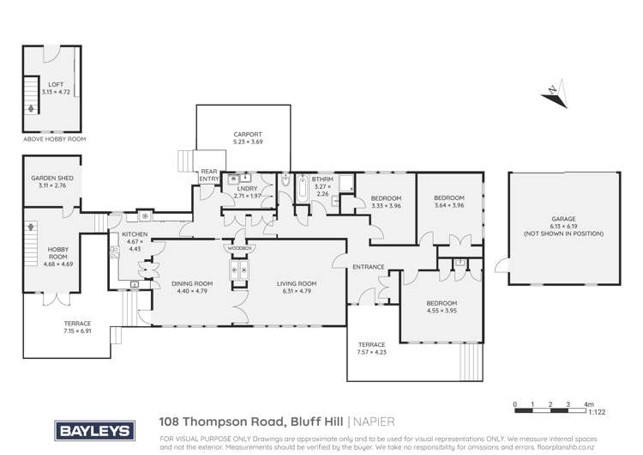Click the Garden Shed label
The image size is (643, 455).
tap(51, 181)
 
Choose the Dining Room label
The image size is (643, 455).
tap(191, 283)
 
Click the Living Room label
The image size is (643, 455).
tap(297, 283)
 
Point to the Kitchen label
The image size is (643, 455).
tap(135, 234)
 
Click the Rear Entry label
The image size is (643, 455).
tap(209, 175)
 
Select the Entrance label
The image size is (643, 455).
tap(368, 267)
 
